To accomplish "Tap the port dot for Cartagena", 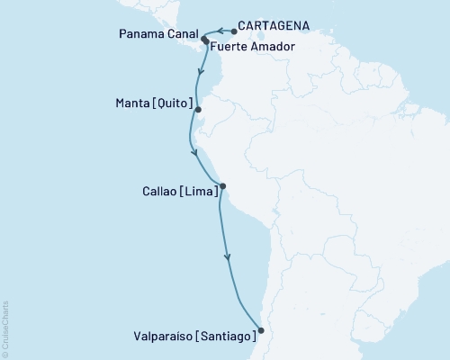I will [232, 30].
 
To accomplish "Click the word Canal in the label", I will [182, 36].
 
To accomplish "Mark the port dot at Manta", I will [198, 110].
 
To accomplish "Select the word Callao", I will [140, 191].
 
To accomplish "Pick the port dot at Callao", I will [222, 187].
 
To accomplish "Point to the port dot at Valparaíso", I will [261, 329].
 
